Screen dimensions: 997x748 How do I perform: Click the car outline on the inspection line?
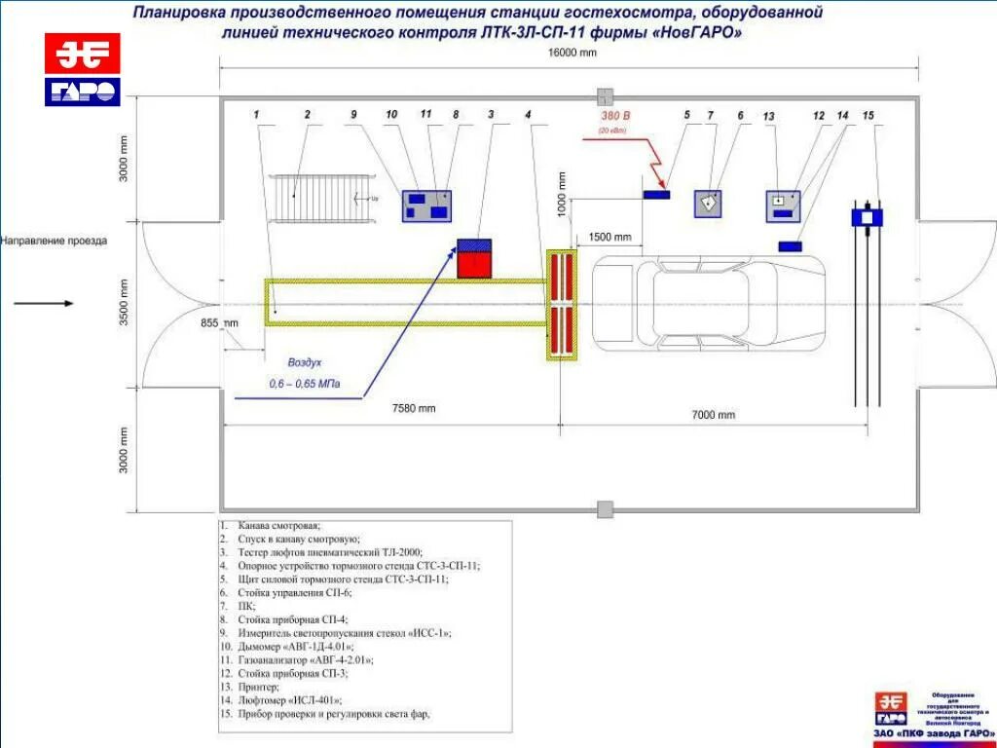pyautogui.click(x=709, y=303)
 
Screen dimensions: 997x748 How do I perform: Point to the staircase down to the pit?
pyautogui.click(x=322, y=199)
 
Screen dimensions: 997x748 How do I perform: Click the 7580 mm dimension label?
pyautogui.click(x=414, y=408)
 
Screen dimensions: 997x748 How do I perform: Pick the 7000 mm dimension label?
pyautogui.click(x=714, y=415)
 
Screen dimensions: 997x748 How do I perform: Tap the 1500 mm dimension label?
pyautogui.click(x=610, y=237)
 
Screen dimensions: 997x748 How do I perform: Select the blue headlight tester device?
pyautogui.click(x=867, y=216)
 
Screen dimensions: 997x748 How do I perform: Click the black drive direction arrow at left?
pyautogui.click(x=44, y=303)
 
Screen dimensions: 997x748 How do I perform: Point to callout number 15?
pyautogui.click(x=868, y=116)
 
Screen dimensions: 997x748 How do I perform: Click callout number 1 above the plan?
pyautogui.click(x=257, y=115)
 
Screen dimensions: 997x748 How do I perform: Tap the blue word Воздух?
pyautogui.click(x=305, y=362)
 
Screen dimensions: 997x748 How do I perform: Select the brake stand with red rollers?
pyautogui.click(x=562, y=305)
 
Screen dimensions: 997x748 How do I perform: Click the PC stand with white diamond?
pyautogui.click(x=709, y=203)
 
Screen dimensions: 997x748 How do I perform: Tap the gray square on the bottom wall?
pyautogui.click(x=606, y=508)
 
